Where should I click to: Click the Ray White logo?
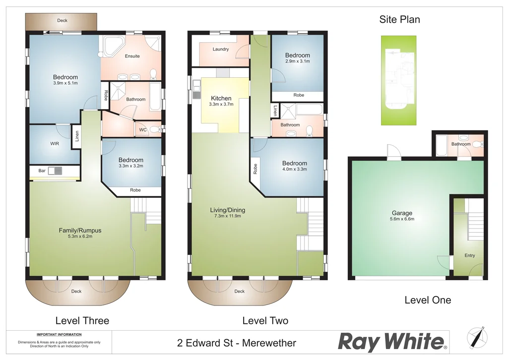click(x=392, y=342)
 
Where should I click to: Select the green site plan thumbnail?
click(x=398, y=80)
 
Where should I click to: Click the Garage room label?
click(x=402, y=213)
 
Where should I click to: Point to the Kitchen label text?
click(x=221, y=98)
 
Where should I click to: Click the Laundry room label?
click(x=220, y=49)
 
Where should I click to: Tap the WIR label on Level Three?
click(x=55, y=144)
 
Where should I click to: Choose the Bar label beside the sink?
click(x=42, y=171)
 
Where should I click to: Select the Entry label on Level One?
click(x=470, y=255)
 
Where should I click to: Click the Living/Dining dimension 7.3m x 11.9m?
click(x=227, y=216)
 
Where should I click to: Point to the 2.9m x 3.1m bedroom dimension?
click(x=298, y=61)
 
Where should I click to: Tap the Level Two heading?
click(x=265, y=321)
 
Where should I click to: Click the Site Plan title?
click(x=399, y=20)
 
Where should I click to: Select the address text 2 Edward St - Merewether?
click(x=237, y=343)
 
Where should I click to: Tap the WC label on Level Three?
click(x=142, y=130)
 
